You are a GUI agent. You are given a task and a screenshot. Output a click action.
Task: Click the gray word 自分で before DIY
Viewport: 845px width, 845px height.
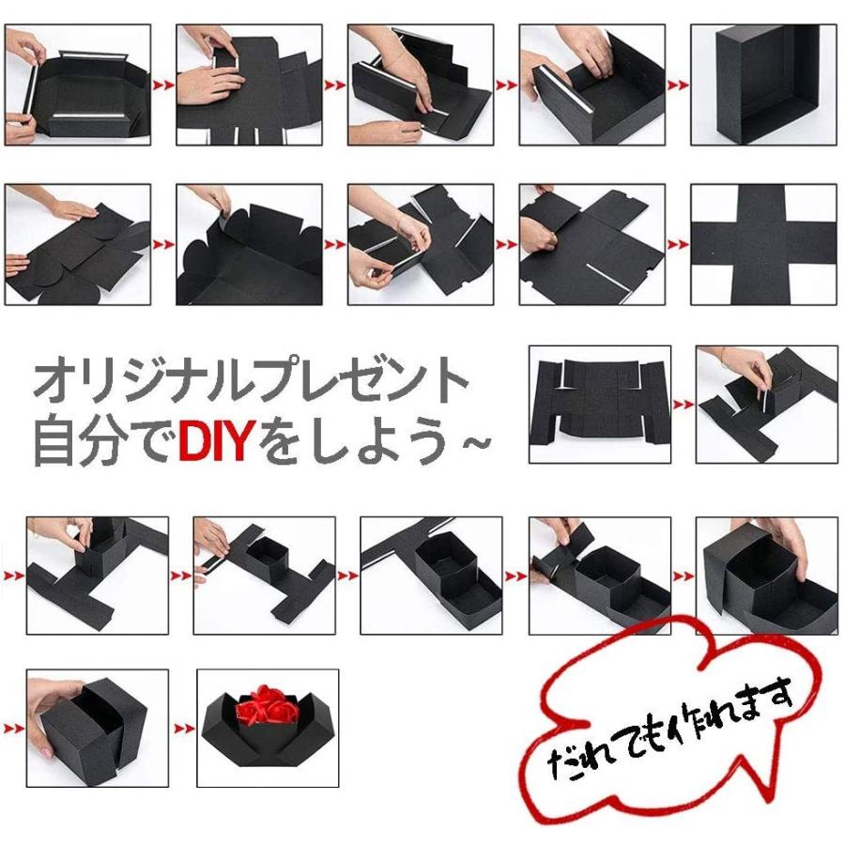pyautogui.click(x=103, y=439)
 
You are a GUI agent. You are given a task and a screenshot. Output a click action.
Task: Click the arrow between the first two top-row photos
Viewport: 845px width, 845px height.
pyautogui.click(x=163, y=85)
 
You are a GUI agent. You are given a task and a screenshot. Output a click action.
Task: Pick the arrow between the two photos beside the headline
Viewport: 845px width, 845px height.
pyautogui.click(x=684, y=405)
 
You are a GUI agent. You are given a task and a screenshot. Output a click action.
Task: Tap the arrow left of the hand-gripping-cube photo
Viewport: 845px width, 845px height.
pyautogui.click(x=12, y=728)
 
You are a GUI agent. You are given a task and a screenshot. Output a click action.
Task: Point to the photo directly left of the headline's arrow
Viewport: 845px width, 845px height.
pyautogui.click(x=600, y=405)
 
